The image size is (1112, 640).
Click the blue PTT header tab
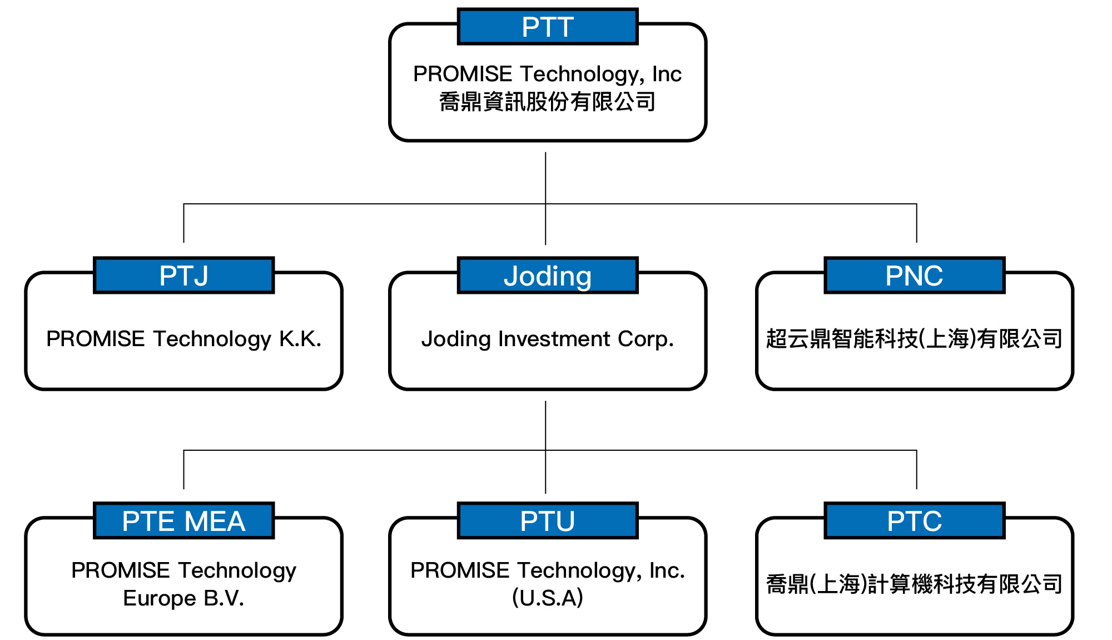[548, 27]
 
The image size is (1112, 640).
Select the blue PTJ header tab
[183, 275]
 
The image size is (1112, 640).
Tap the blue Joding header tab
[548, 275]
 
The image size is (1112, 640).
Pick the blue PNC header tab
[915, 275]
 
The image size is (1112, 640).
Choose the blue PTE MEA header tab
[183, 521]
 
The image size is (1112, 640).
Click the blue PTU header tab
[548, 521]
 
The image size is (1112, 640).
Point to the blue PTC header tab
[915, 521]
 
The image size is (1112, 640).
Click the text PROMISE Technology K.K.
[183, 339]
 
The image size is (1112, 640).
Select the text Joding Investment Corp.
[548, 339]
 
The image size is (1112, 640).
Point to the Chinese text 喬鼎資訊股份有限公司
[548, 102]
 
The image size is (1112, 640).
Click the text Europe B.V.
[183, 598]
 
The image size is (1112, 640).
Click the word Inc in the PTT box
[667, 74]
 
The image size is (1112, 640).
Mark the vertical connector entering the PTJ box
[183, 223]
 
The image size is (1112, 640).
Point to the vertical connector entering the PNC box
[916, 223]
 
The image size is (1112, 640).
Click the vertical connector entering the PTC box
[916, 470]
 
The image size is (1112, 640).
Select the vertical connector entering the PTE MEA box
[183, 470]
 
